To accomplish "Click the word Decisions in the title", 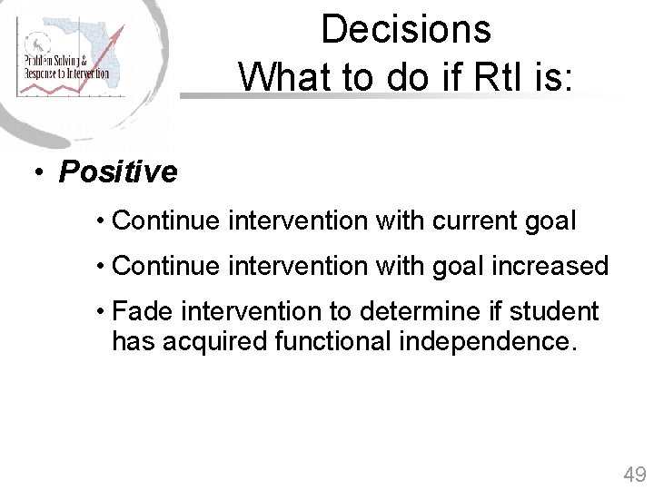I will (x=405, y=29).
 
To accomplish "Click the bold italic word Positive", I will (x=118, y=171).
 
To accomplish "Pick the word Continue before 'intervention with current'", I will (x=166, y=220).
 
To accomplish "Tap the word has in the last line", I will (x=133, y=342).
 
